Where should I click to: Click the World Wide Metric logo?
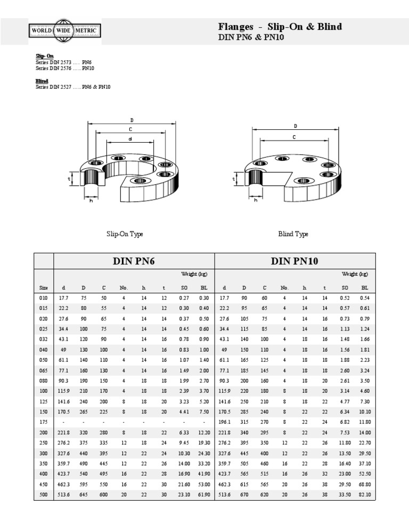tap(64, 31)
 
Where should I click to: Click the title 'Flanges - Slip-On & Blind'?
tap(280, 27)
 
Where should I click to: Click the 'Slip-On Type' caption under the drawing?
tap(125, 234)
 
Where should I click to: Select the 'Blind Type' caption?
tap(293, 234)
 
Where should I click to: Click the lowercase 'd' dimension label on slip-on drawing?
tap(129, 139)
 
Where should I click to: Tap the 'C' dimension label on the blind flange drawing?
tap(294, 137)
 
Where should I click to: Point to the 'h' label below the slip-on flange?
tap(91, 200)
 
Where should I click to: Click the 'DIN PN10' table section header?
tap(295, 261)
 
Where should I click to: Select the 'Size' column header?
tap(44, 287)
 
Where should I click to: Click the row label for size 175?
tap(44, 423)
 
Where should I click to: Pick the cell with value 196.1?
tap(225, 423)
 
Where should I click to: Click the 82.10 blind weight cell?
tap(365, 495)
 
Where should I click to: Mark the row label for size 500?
tap(44, 495)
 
